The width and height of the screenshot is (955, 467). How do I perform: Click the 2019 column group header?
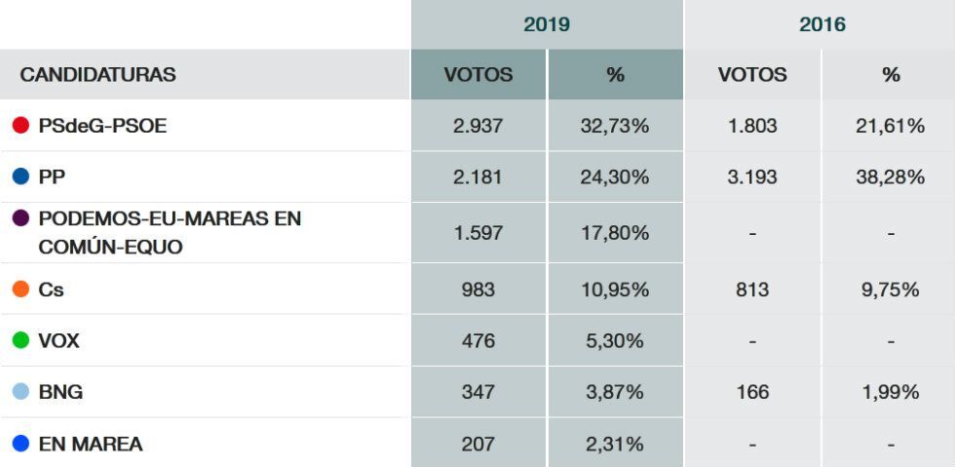(x=547, y=24)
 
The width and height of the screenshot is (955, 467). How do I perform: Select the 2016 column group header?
(x=821, y=24)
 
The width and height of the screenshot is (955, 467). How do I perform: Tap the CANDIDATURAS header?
(x=97, y=74)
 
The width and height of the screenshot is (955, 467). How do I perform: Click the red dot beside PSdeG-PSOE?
(x=20, y=126)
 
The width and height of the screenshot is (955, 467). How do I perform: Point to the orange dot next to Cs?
(x=20, y=290)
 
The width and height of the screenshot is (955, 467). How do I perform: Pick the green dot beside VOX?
(x=20, y=341)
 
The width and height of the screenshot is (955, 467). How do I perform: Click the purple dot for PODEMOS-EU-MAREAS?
(x=20, y=218)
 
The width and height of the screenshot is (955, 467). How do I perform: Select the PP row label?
(x=52, y=177)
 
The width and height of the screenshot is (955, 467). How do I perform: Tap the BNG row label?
(x=60, y=392)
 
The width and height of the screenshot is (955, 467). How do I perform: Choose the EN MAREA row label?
(x=90, y=444)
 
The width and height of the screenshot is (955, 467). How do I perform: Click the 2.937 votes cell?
(x=477, y=126)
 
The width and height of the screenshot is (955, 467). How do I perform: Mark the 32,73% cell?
(x=614, y=126)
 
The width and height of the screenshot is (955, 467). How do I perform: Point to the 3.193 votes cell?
(x=751, y=177)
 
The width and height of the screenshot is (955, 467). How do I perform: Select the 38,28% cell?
(x=890, y=177)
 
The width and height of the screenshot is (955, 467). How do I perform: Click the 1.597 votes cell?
(x=477, y=234)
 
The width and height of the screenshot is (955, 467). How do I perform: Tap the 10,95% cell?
(x=614, y=290)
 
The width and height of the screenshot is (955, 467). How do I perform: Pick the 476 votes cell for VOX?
(x=477, y=341)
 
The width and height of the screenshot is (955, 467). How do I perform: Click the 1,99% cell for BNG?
(x=890, y=392)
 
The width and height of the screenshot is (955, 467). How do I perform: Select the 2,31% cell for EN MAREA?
(x=614, y=444)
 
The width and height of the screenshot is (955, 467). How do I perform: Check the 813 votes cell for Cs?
(x=751, y=290)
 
